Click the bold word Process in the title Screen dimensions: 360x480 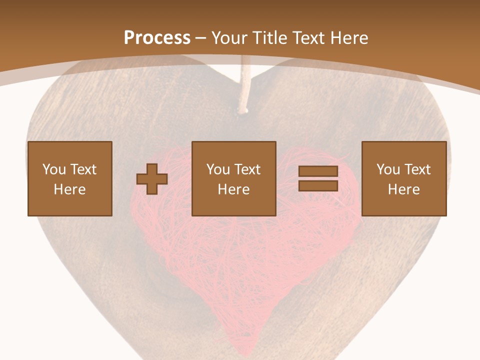coord(157,38)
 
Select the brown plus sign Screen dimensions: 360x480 coord(152,179)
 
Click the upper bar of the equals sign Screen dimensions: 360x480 coord(318,171)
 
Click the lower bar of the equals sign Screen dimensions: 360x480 coord(318,186)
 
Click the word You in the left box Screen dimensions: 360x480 coord(53,169)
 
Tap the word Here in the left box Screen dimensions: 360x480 coord(69,189)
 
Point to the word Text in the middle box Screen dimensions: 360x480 coord(246,169)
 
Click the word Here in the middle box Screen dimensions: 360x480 coord(233,189)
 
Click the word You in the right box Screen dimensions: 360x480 coord(387,169)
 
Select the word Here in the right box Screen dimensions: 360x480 coord(403,189)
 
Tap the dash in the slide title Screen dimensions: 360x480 coord(201,38)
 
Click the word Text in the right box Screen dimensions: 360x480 coord(416,169)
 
